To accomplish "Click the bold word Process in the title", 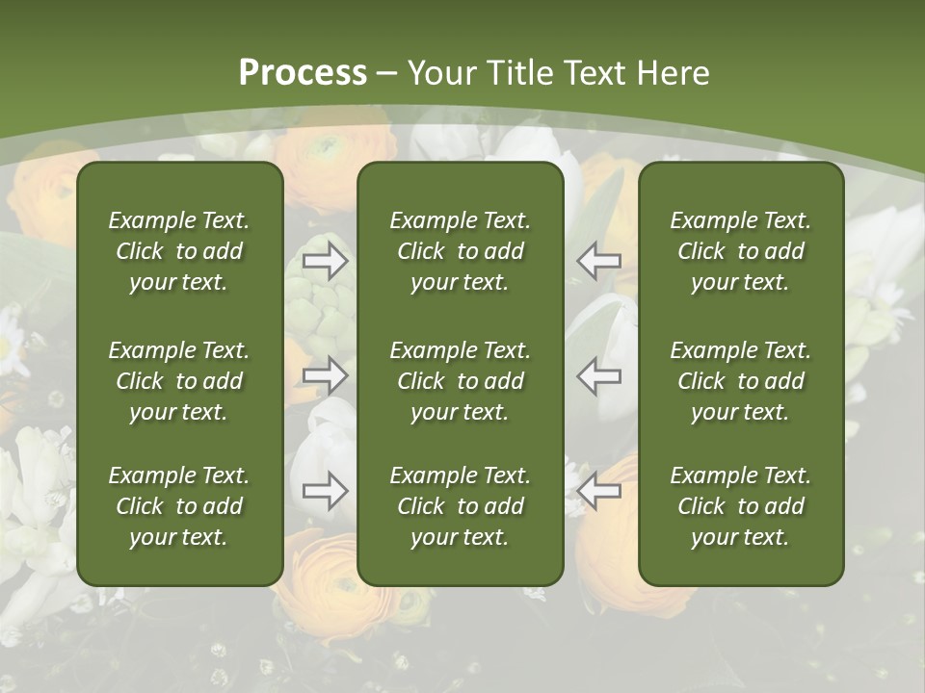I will click(303, 73).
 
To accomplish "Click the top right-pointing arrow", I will click(325, 260).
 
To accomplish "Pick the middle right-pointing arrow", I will click(325, 375).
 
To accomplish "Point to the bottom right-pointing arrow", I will click(325, 491).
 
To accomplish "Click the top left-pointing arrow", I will click(599, 260).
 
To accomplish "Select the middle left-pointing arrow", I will click(599, 375).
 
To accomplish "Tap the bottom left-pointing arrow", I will click(599, 491).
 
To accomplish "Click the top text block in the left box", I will click(179, 251).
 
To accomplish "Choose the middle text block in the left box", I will click(179, 381).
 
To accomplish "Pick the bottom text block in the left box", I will click(179, 506).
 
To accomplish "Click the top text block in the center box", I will click(460, 251).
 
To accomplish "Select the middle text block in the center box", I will click(460, 381).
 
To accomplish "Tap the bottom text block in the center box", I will click(460, 506).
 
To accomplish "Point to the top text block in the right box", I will click(740, 251).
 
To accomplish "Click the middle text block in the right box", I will click(740, 381).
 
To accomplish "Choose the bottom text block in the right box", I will click(740, 506).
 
